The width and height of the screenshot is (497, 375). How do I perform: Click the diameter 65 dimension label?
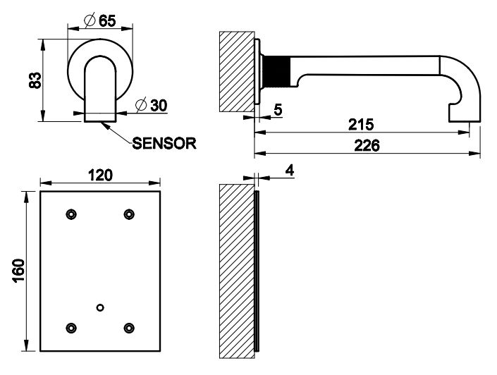(x=99, y=20)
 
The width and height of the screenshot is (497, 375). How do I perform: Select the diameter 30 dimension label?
(x=149, y=106)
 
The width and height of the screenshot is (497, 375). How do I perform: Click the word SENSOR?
(x=164, y=143)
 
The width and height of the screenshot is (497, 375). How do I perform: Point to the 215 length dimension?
(x=361, y=125)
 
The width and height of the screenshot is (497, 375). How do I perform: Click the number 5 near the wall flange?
(x=278, y=110)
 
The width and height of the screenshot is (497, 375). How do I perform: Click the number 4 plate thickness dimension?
(x=290, y=170)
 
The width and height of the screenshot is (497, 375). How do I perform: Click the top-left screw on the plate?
(x=70, y=214)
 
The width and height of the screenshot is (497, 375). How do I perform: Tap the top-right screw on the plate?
(x=128, y=214)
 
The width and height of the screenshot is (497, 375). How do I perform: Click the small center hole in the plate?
(x=100, y=307)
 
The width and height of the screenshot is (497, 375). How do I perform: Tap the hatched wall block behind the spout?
(x=237, y=70)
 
